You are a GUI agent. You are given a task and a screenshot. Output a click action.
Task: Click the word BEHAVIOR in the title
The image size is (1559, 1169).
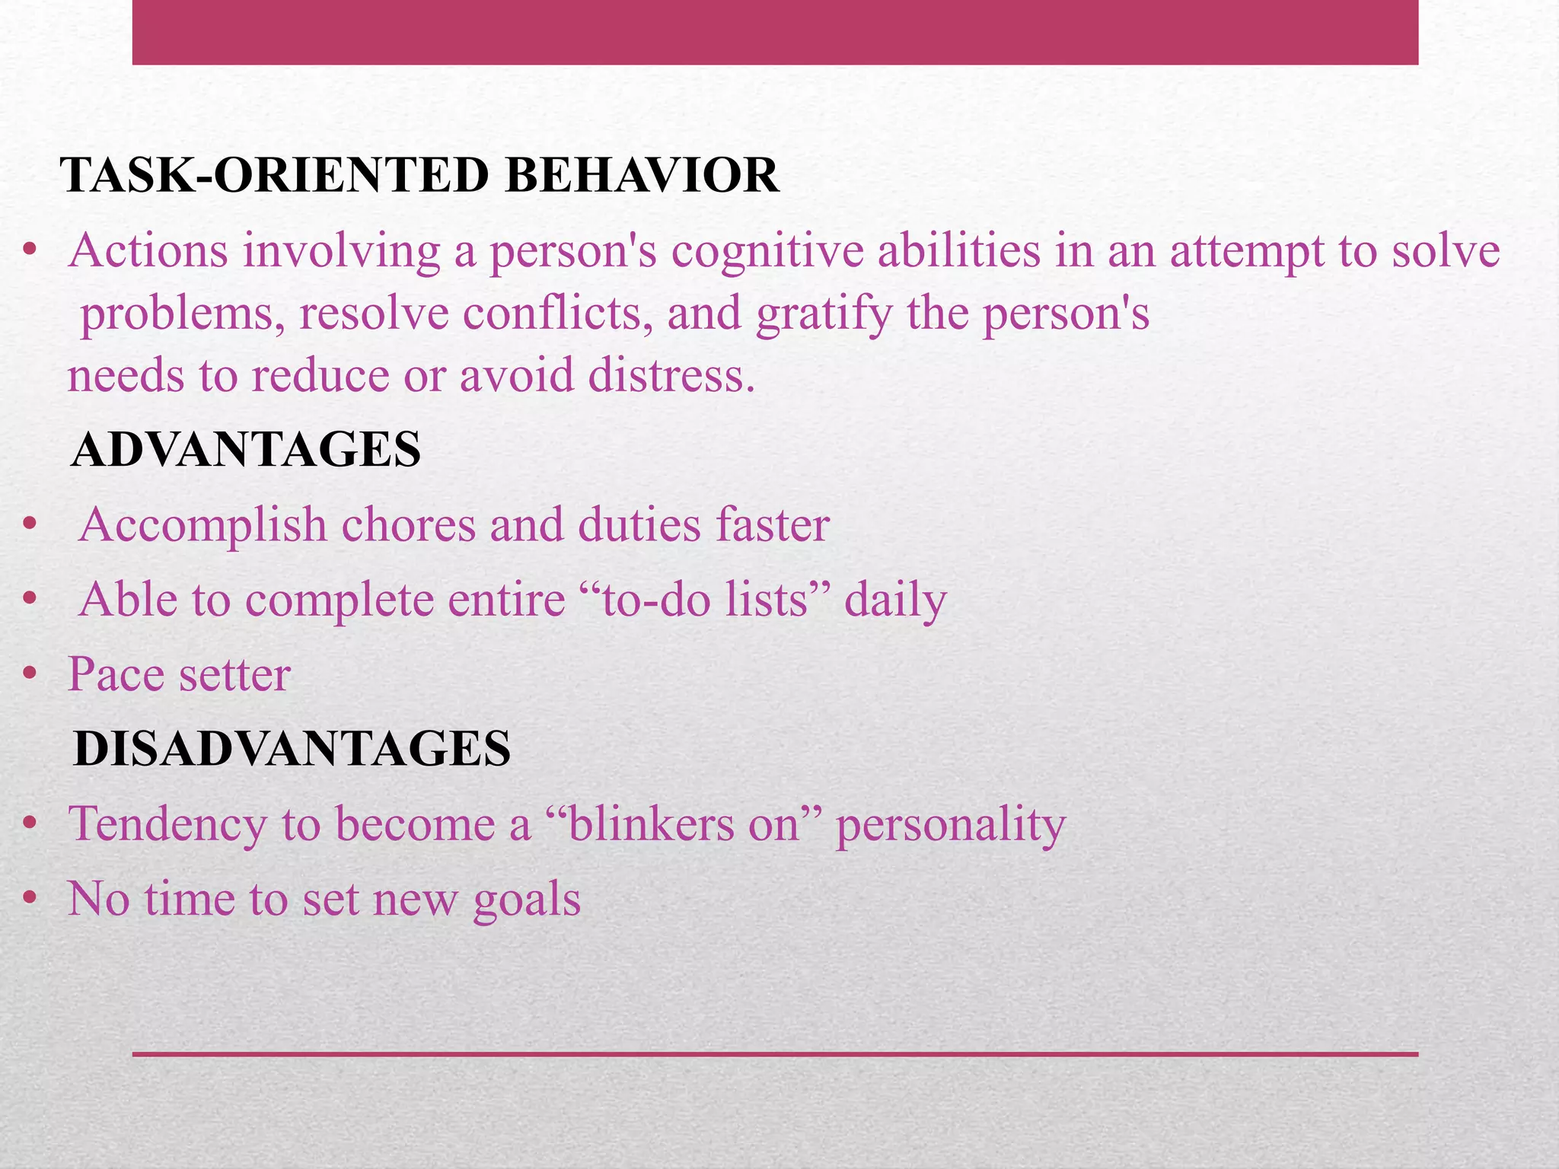point(641,176)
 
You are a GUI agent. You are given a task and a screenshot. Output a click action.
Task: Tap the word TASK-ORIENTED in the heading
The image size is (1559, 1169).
point(277,176)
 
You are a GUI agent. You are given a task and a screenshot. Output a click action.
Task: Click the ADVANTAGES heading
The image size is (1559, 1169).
point(245,449)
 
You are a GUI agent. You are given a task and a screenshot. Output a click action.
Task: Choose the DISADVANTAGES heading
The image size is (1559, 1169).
point(292,748)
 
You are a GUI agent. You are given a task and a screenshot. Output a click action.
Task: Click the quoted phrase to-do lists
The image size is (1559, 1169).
point(703,600)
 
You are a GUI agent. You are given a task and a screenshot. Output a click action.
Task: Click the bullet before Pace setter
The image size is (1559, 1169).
point(30,674)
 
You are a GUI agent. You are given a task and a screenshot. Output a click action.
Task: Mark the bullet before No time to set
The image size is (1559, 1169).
point(30,899)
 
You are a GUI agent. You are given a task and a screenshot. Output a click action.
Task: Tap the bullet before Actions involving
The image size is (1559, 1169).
point(30,250)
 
